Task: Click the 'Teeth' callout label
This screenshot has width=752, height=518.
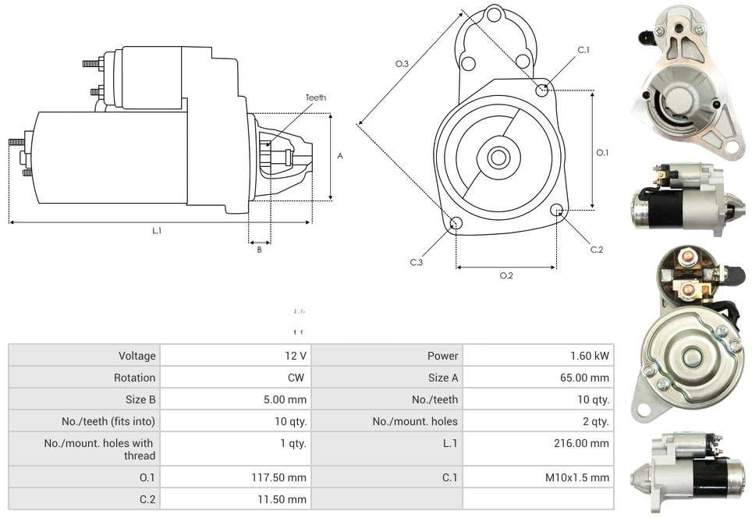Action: tap(315, 98)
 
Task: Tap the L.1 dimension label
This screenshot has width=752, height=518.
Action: tap(156, 230)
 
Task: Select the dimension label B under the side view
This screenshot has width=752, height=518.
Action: tap(259, 250)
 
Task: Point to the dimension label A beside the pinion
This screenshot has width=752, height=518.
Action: tap(340, 156)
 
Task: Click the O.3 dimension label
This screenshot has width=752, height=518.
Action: tap(403, 64)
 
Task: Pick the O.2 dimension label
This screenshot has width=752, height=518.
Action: tap(505, 275)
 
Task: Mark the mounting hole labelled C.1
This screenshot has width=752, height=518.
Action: tap(543, 90)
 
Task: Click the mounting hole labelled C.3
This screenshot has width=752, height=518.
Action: tap(456, 225)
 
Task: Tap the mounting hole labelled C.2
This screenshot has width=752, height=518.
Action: tap(557, 210)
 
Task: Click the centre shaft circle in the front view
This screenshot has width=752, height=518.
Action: tap(498, 158)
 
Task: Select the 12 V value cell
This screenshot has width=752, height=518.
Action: tap(296, 356)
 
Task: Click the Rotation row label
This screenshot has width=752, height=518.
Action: tap(137, 378)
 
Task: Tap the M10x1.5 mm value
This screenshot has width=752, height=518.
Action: tap(580, 477)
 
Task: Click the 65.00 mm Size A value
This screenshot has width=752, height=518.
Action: tap(591, 378)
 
